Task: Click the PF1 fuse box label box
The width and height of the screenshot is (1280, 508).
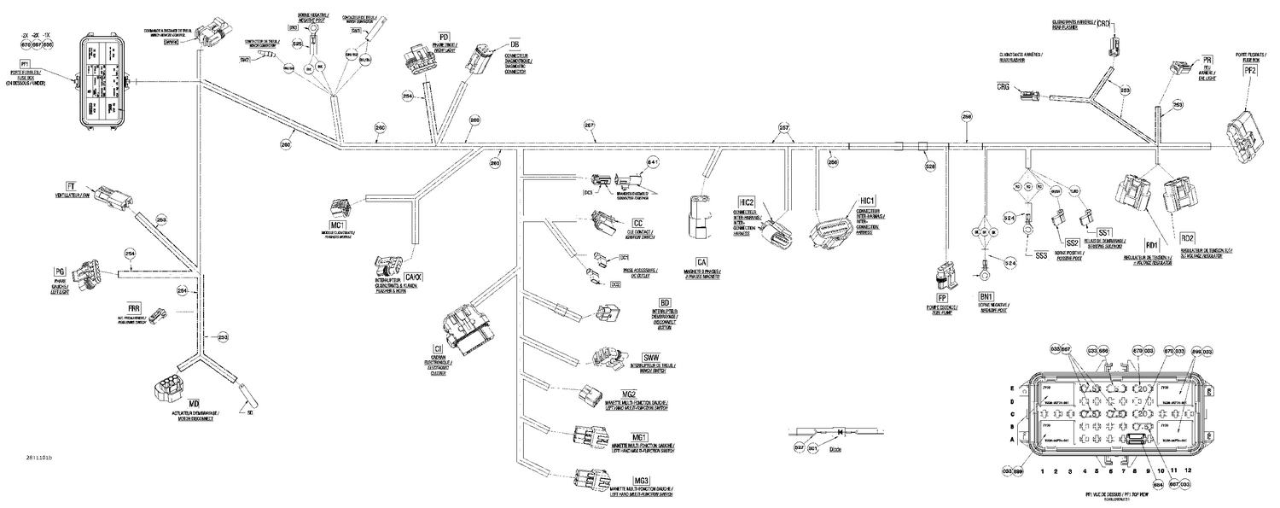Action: click(x=25, y=63)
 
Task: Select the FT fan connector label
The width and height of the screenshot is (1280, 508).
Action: click(x=71, y=185)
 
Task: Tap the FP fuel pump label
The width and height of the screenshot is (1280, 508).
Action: click(x=943, y=298)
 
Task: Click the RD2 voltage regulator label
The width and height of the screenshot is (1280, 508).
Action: click(x=1189, y=237)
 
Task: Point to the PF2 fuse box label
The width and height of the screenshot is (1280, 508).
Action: click(x=1251, y=71)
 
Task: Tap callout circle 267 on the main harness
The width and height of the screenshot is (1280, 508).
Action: click(x=589, y=125)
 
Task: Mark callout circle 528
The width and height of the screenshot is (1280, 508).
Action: click(x=931, y=166)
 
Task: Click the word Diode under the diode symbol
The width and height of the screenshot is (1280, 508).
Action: click(x=836, y=448)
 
